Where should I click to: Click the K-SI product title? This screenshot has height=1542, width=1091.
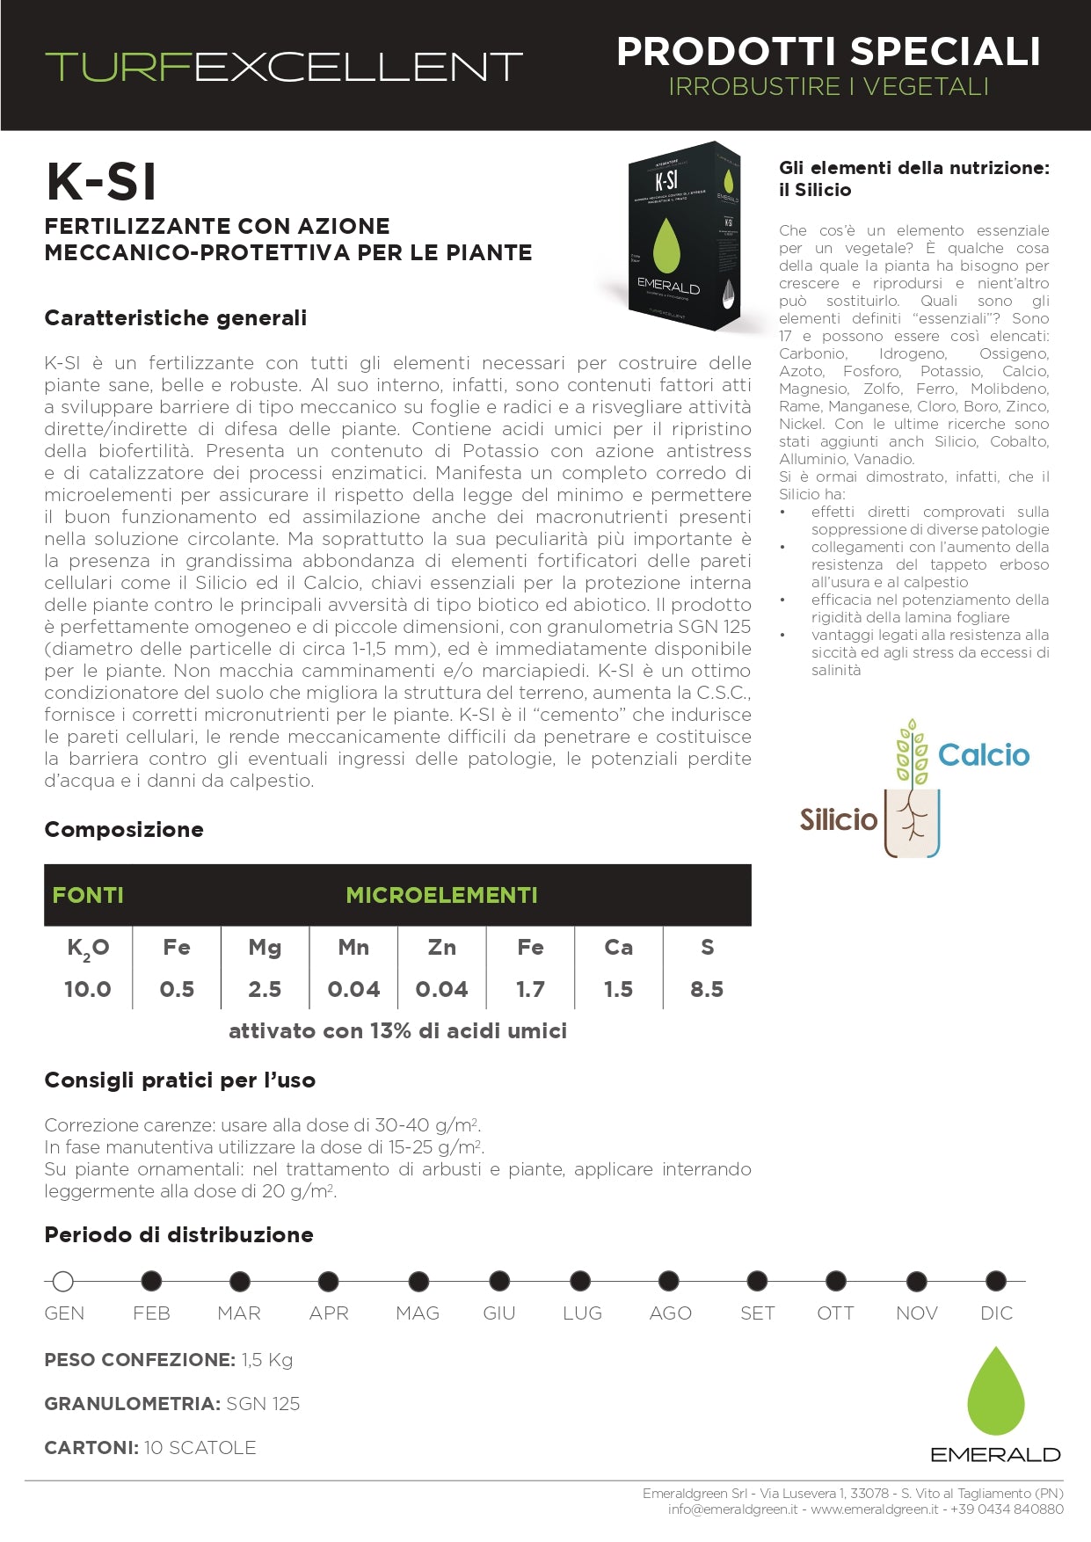tap(102, 182)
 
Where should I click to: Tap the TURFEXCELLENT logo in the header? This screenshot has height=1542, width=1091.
tap(284, 67)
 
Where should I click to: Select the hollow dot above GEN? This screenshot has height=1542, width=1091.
tap(62, 1281)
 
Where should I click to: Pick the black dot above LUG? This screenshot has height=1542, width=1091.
tap(580, 1281)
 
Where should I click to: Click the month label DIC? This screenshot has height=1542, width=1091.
tap(996, 1313)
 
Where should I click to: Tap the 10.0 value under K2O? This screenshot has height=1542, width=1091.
tap(88, 989)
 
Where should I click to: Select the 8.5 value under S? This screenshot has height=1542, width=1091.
tap(707, 989)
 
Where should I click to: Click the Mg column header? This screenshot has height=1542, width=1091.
tap(265, 947)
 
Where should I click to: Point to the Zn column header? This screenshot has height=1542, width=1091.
tap(441, 947)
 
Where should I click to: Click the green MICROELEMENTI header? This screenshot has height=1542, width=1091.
tap(441, 895)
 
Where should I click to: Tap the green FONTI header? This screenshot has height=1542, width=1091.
tap(88, 895)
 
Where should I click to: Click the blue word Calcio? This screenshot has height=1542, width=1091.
tap(983, 755)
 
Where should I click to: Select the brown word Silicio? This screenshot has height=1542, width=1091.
tap(838, 819)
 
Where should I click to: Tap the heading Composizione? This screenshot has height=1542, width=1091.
tap(124, 829)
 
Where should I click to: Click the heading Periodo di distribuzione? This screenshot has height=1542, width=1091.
tap(178, 1234)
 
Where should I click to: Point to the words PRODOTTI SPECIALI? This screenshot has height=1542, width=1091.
tap(828, 52)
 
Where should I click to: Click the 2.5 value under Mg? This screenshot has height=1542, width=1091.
tap(265, 989)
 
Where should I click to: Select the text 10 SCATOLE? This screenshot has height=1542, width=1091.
tap(200, 1447)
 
